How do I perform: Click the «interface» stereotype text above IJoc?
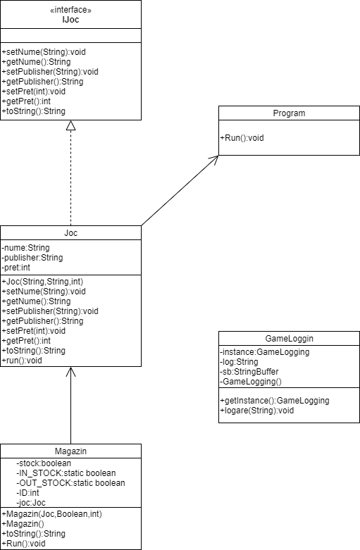click(x=70, y=10)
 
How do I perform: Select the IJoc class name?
click(x=70, y=20)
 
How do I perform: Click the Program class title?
click(x=289, y=113)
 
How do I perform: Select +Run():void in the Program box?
click(x=242, y=138)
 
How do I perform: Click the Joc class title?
click(x=70, y=233)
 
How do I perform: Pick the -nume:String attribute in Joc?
click(x=25, y=248)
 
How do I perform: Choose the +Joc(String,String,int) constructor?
click(x=42, y=282)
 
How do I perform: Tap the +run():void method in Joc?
click(x=23, y=361)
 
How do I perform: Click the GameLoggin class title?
click(x=289, y=338)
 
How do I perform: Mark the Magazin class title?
click(x=70, y=451)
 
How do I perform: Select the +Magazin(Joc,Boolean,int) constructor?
click(x=52, y=514)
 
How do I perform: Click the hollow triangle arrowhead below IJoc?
click(x=70, y=126)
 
